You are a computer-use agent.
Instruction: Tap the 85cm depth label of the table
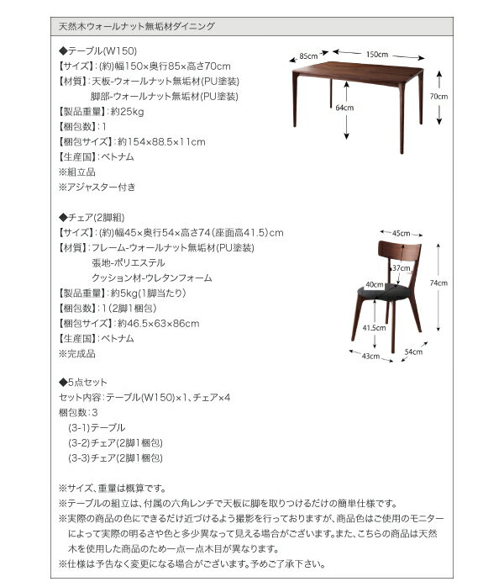click(x=308, y=57)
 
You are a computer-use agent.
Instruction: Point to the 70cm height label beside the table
click(x=438, y=97)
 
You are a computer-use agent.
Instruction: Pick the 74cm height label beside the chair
click(x=438, y=283)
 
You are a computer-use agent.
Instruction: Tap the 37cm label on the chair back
click(x=400, y=267)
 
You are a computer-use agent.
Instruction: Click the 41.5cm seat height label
click(x=374, y=327)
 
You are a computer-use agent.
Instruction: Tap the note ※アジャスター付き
click(x=97, y=187)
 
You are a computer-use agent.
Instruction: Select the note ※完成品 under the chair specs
click(x=77, y=353)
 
